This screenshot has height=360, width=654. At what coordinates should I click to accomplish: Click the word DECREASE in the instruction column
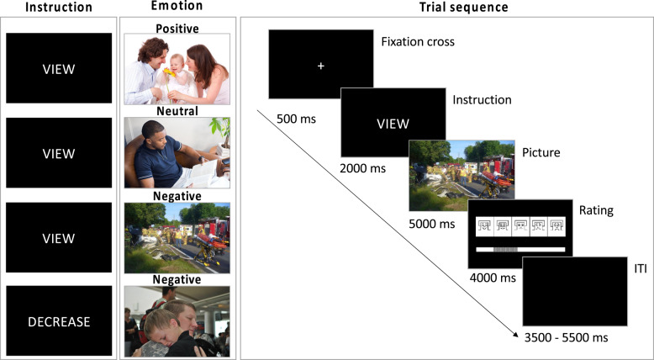click(58, 320)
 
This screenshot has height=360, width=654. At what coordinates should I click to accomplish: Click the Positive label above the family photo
click(177, 29)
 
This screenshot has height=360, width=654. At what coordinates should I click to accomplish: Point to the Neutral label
click(177, 111)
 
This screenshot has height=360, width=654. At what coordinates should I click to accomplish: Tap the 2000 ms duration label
click(362, 168)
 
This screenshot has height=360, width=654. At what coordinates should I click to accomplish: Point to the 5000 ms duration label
click(432, 224)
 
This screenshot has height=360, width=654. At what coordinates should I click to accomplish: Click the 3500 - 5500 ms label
click(560, 337)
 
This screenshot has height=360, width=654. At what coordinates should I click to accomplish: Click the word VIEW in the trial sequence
click(393, 123)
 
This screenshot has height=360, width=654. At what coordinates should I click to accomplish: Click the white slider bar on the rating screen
click(520, 250)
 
